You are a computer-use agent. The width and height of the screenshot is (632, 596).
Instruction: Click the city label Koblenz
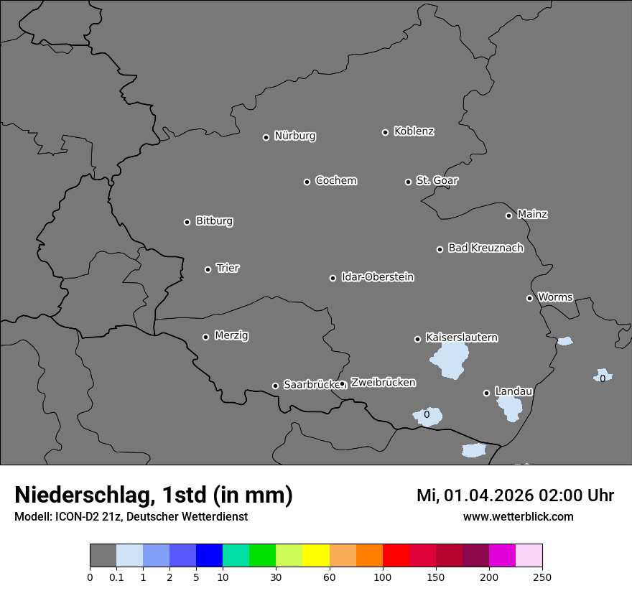(414, 131)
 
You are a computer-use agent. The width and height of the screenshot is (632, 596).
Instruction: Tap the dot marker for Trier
(208, 269)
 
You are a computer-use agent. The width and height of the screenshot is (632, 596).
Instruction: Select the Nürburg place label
(294, 136)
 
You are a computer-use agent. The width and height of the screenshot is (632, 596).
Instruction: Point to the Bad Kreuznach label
(485, 248)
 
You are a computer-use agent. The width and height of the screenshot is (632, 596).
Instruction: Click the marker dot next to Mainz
(508, 215)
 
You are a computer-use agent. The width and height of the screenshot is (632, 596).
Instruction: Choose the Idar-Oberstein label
(377, 277)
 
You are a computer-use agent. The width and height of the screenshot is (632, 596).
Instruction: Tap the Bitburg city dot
(187, 222)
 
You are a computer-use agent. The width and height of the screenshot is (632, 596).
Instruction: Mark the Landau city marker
(486, 393)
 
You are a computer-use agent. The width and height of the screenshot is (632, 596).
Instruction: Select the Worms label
(555, 297)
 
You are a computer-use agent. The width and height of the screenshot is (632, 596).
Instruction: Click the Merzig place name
(231, 335)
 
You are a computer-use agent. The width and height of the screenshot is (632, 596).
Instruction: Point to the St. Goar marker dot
(408, 182)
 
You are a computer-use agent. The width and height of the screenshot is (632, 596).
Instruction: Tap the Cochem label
(335, 180)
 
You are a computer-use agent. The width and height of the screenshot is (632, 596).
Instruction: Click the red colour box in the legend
(396, 556)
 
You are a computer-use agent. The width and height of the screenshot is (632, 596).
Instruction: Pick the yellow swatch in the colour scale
(316, 556)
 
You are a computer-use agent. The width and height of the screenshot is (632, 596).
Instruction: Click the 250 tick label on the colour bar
(542, 577)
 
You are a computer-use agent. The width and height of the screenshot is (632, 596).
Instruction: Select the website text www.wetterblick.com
(518, 516)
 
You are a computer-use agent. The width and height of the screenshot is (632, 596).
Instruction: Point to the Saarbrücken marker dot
(275, 386)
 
